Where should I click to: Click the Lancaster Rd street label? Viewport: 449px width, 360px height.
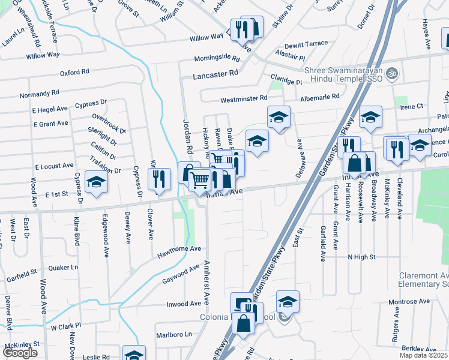tap(215, 77)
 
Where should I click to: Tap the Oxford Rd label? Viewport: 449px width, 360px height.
tap(74, 72)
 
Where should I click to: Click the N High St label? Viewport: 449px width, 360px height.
tap(361, 256)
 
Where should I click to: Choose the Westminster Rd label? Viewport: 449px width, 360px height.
tap(244, 98)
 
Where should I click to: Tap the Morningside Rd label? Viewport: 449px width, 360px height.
tap(217, 59)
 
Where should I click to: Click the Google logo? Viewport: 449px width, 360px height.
tap(20, 353)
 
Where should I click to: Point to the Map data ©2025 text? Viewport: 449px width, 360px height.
tap(423, 355)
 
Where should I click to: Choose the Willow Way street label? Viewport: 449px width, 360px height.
tap(43, 55)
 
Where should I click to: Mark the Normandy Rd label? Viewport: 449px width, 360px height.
tap(40, 94)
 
